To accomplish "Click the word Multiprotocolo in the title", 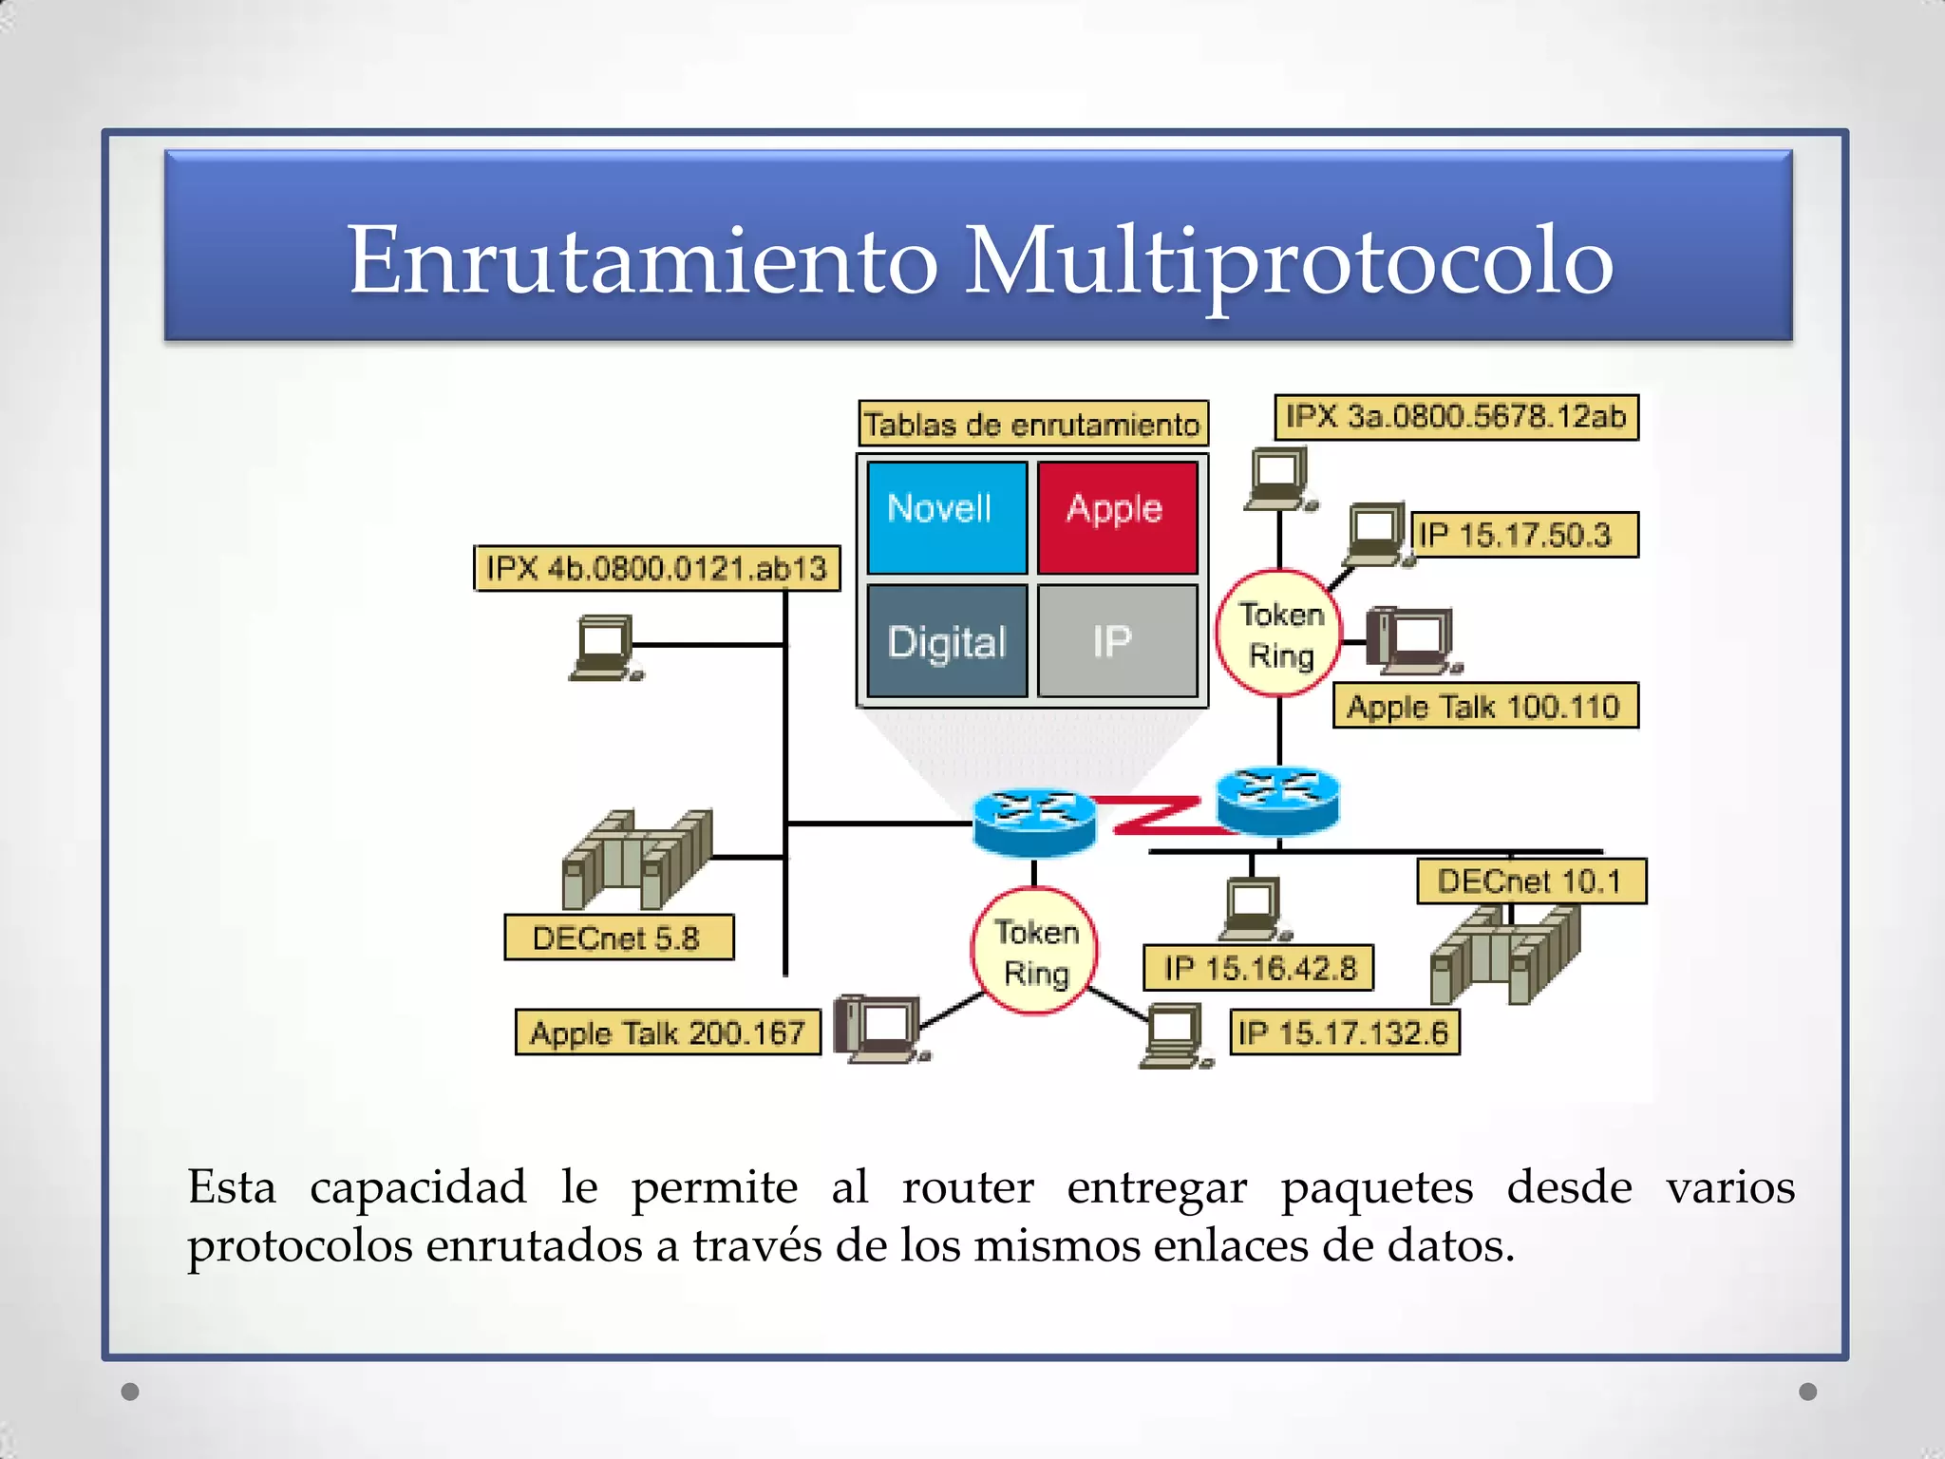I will coord(1288,260).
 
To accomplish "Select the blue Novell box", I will coord(946,518).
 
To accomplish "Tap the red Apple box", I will coord(1117,518).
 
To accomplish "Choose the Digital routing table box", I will coord(946,642).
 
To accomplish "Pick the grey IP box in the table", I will coord(1117,642).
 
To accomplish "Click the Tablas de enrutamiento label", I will coord(1032,424).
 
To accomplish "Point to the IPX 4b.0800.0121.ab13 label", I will coord(656,568).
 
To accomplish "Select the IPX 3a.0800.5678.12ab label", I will coord(1455,417).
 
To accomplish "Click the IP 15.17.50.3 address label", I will coord(1522,535).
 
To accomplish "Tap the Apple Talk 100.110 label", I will coord(1484,706).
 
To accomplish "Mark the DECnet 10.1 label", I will coord(1530,881).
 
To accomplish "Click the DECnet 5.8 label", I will coord(618,938).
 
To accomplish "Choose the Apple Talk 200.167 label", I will coord(668,1033).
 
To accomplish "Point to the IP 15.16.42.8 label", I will coord(1258,968).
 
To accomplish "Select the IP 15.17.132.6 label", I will coord(1344,1033).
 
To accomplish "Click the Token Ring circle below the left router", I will coord(1035,952).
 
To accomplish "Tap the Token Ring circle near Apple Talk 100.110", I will coord(1279,634).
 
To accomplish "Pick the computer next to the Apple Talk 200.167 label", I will coord(879,1028).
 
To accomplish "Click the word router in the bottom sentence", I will coord(967,1187).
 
